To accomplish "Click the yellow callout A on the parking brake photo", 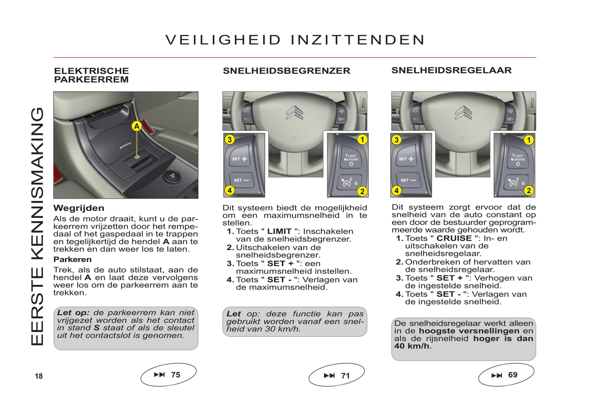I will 137,126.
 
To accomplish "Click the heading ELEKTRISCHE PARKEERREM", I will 91,75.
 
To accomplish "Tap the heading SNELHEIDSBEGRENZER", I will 286,71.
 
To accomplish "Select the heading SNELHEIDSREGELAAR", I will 451,70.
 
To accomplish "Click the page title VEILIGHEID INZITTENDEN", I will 295,40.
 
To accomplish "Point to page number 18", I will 39,376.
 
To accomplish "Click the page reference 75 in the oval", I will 176,375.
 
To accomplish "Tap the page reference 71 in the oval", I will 345,376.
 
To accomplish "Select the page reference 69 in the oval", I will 512,375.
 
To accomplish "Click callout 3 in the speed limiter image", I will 229,140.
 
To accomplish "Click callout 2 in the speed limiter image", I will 362,191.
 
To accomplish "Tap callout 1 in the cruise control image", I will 529,140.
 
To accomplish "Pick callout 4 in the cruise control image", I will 396,190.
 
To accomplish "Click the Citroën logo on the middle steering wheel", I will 294,112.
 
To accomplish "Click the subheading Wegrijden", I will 79,208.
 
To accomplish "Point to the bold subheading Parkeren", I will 72,259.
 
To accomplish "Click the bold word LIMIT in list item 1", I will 279,231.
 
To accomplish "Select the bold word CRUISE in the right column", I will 454,238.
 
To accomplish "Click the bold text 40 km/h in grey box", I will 412,346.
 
